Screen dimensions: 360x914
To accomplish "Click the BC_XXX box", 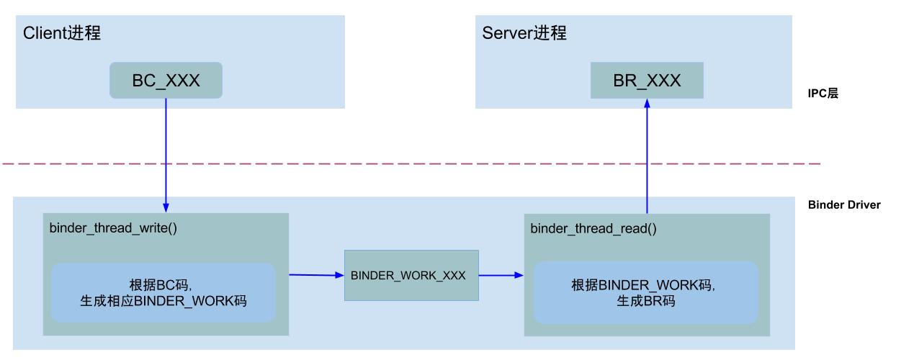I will point(166,80).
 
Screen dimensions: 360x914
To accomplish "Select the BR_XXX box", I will point(647,80).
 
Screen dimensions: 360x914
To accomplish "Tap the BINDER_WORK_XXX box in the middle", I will point(411,275).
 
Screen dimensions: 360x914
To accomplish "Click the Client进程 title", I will point(62,33).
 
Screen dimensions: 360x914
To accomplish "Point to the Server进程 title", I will point(524,33).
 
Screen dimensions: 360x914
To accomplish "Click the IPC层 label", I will point(823,94).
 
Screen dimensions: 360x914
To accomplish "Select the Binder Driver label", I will point(844,205).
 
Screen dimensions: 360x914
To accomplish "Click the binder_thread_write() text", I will point(113,228).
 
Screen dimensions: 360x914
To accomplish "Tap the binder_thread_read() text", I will point(593,229).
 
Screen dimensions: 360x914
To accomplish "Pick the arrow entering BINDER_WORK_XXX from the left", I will point(316,274).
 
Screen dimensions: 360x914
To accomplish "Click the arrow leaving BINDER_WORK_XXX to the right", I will point(501,274).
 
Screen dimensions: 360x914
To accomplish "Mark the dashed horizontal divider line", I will point(411,164).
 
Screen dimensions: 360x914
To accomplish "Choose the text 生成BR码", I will point(645,301).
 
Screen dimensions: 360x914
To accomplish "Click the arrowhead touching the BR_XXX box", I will point(647,104).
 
